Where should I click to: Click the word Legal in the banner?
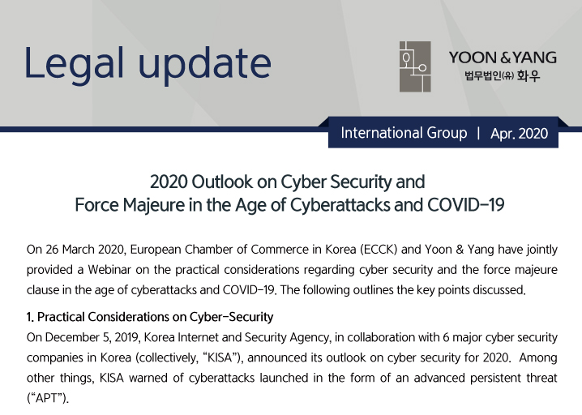(75, 63)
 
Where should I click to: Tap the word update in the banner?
(205, 63)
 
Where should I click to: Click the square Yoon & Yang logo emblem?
(415, 66)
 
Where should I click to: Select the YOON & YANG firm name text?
(503, 58)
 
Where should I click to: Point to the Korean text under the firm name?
(503, 75)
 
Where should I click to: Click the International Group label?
(404, 133)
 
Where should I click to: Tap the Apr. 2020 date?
(519, 133)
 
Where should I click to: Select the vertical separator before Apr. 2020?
(478, 133)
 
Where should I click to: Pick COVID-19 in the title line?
(465, 204)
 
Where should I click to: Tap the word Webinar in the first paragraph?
(109, 269)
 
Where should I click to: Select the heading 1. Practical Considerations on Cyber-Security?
(150, 317)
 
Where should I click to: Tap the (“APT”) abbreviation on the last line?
(48, 398)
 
